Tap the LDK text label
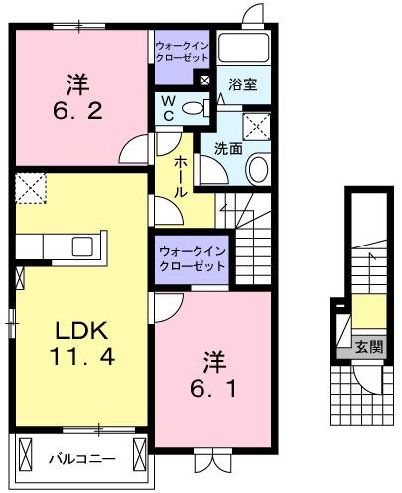point(78,330)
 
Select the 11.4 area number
point(78,353)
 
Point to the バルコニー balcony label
point(81,459)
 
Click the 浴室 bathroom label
point(242,85)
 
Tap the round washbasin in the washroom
point(257,168)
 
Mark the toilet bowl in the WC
point(199,106)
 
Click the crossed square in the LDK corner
point(31,187)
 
